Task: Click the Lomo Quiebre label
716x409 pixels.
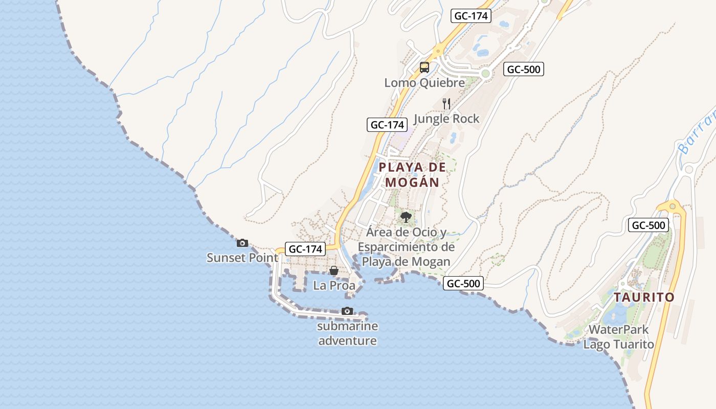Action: [x=424, y=82]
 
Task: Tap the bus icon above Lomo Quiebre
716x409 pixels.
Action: [x=424, y=67]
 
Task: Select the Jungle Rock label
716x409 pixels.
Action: [x=446, y=119]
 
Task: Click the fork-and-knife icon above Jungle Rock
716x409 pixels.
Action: [x=446, y=104]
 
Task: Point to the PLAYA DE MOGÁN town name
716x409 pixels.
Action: [x=412, y=174]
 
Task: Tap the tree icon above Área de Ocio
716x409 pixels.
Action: [x=406, y=217]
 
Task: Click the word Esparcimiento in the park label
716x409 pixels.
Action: [x=406, y=247]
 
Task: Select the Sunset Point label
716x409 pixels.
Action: [x=242, y=257]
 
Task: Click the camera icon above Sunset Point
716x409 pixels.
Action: [x=242, y=243]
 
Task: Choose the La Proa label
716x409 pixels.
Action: [x=334, y=285]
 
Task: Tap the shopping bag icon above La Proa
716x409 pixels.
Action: [x=334, y=270]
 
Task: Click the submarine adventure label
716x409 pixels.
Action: [x=347, y=333]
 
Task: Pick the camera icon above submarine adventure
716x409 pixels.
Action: [x=347, y=311]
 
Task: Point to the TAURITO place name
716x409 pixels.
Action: [x=644, y=297]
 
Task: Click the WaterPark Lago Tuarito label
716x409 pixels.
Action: [x=619, y=337]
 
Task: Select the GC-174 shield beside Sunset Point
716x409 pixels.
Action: [x=305, y=249]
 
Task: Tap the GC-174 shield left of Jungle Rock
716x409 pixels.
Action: [x=387, y=124]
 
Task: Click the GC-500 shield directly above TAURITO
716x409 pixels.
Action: [x=648, y=225]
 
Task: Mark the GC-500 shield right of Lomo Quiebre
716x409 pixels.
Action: [x=523, y=69]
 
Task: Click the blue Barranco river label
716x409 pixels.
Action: [x=698, y=131]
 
